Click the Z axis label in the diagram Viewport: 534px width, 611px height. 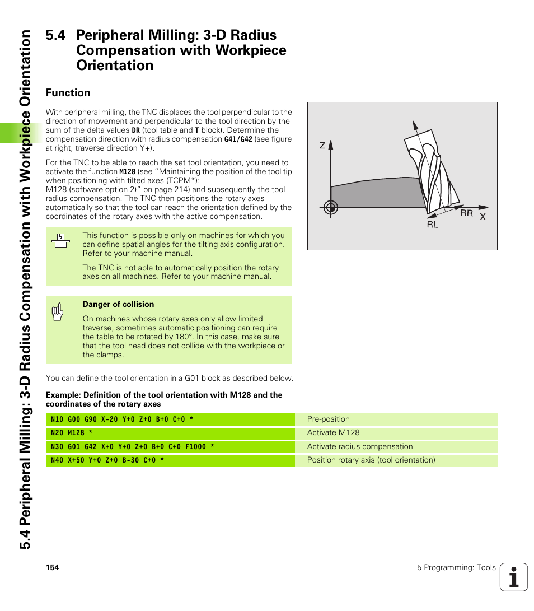[322, 146]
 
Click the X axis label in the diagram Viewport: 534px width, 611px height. [483, 217]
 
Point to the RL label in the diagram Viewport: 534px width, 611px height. [432, 225]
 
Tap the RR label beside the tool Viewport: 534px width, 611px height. [466, 213]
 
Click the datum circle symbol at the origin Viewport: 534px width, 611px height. [331, 208]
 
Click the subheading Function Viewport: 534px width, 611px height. [68, 93]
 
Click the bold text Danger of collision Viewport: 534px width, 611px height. [118, 305]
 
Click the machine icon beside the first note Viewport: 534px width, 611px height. [60, 240]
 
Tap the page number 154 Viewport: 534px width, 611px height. [53, 568]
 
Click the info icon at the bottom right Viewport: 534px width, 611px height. [513, 577]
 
